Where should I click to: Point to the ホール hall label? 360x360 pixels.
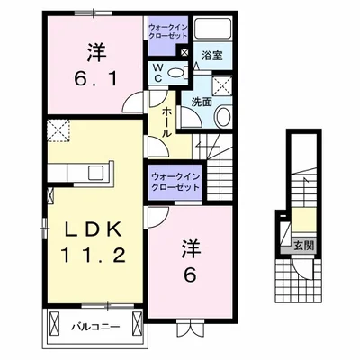click(x=167, y=121)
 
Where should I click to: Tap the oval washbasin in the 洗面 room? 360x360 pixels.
click(x=225, y=116)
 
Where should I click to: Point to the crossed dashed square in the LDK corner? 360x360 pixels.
click(x=59, y=131)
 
